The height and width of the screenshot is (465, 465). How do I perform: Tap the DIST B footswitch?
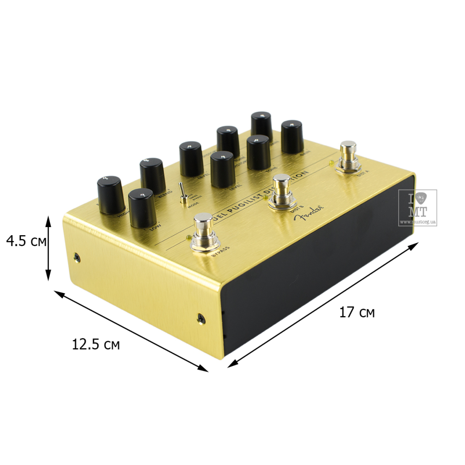(282, 191)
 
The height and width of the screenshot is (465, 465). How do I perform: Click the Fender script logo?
(310, 213)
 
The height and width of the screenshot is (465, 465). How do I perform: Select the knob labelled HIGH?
(110, 195)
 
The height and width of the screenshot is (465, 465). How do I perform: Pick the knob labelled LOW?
(143, 208)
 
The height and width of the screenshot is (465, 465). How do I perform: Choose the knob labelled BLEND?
(153, 175)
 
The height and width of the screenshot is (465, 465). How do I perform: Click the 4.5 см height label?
(26, 241)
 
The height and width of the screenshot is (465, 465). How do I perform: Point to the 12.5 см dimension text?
(96, 344)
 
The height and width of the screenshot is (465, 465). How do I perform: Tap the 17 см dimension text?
(357, 312)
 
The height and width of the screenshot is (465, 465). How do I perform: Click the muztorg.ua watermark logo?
(417, 208)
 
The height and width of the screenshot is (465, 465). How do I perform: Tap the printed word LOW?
(155, 228)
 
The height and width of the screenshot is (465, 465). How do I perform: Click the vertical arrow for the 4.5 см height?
(49, 248)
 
